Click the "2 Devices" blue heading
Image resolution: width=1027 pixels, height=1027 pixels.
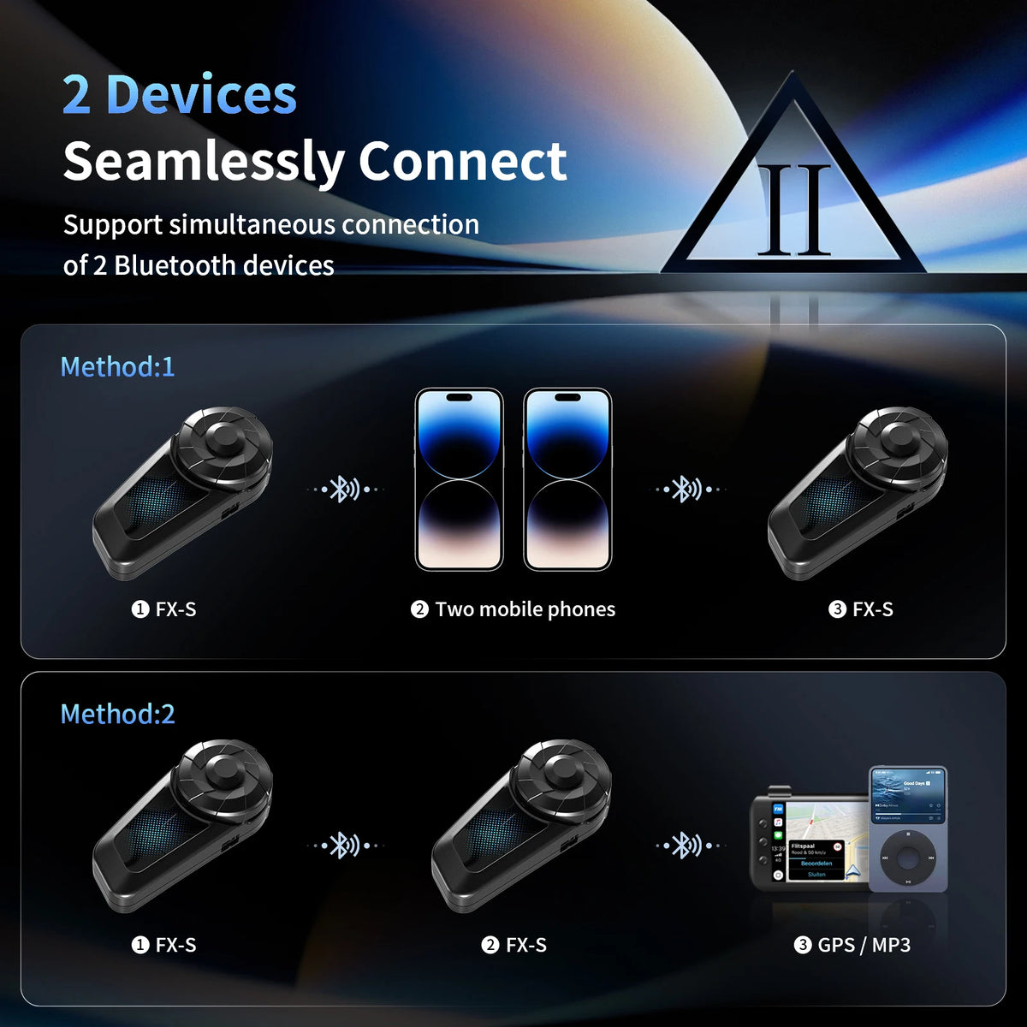pos(180,95)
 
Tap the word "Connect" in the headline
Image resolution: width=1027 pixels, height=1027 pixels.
pos(462,161)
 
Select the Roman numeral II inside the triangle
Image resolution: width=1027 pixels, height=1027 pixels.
pos(795,211)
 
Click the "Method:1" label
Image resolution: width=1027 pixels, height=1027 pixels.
pos(117,366)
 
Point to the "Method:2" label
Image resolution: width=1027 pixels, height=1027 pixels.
pos(117,714)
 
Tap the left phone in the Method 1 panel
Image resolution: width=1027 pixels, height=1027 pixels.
pos(459,479)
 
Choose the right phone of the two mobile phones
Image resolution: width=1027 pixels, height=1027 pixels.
pos(567,479)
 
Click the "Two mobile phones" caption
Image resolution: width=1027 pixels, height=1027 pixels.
pos(525,609)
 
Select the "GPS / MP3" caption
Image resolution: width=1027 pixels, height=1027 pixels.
pos(864,945)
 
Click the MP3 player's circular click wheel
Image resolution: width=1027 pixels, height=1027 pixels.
pos(908,858)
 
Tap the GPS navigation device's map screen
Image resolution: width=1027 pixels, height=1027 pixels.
pos(818,847)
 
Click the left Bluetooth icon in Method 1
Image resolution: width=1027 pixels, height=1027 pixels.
pos(345,490)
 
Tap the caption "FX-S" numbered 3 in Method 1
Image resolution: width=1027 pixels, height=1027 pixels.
pos(872,609)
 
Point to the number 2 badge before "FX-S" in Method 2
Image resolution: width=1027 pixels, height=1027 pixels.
pos(490,945)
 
